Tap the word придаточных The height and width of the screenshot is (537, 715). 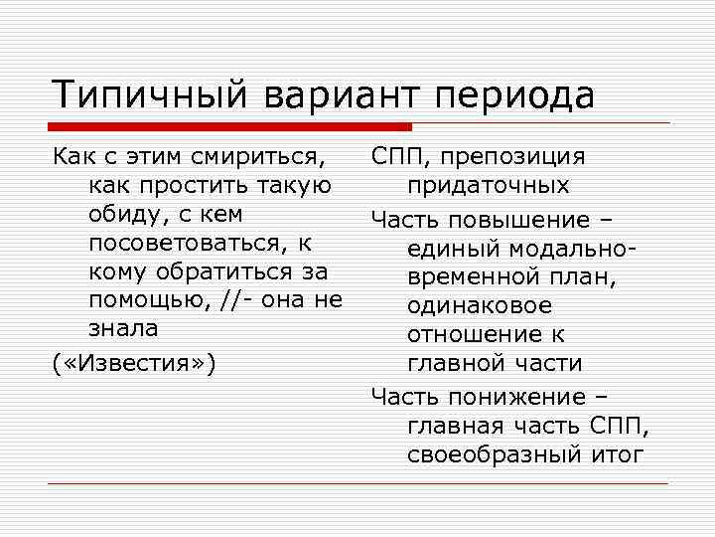pos(488,186)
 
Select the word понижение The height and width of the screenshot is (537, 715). pos(519,397)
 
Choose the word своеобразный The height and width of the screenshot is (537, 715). pos(494,455)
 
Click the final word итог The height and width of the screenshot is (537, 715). pos(619,455)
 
